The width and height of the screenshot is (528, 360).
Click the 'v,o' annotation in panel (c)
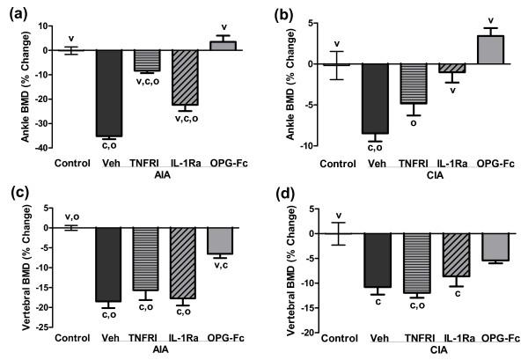click(x=70, y=214)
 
